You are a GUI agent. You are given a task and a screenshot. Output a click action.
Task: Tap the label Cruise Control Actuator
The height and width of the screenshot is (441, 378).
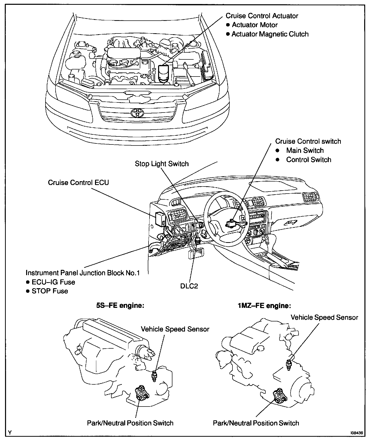tap(262, 16)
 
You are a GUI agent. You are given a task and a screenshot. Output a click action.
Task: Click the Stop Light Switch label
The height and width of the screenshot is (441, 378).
tap(162, 164)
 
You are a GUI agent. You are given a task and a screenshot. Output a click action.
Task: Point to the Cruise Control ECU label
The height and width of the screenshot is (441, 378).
tap(78, 182)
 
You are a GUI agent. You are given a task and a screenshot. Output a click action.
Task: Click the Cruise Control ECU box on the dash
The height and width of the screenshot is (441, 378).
tap(160, 218)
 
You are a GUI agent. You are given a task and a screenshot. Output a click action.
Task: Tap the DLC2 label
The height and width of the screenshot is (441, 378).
tap(189, 286)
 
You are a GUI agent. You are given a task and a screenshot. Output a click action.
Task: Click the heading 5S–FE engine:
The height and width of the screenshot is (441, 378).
tap(120, 306)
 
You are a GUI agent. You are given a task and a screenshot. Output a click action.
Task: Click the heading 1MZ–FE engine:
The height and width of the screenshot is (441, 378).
tap(264, 306)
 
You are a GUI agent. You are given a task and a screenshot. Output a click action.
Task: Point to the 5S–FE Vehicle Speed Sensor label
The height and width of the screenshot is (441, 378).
tap(175, 329)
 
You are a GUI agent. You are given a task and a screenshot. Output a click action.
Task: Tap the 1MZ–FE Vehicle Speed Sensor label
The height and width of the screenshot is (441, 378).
tap(324, 317)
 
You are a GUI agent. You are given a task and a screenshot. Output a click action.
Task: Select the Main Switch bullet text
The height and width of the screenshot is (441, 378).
tap(305, 151)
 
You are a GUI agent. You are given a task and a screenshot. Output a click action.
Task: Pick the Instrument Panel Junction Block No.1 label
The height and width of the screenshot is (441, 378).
tap(83, 273)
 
